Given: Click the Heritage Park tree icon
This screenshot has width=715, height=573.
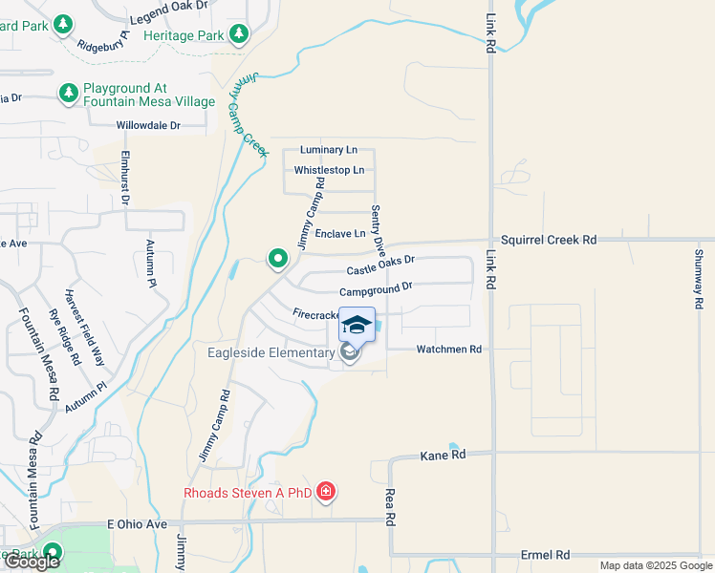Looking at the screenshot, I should coord(239,35).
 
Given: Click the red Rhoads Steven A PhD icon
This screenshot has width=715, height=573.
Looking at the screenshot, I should coord(327,492).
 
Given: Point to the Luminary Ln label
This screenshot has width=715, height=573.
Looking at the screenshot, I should coord(328,150).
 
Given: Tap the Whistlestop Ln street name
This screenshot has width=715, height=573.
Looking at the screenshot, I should coord(329,170).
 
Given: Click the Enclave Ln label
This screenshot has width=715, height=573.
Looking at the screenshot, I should coord(340,233).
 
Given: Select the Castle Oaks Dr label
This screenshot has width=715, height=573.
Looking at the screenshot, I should coord(380,265).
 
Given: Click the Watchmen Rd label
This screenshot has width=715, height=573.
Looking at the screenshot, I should coord(448,350).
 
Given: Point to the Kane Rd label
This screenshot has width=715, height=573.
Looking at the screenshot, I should coord(443,456).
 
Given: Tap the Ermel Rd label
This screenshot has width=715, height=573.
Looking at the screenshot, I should coord(545,555).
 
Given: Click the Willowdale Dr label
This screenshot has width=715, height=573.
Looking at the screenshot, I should coord(148,125).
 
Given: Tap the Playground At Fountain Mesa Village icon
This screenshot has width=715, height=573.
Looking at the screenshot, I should coord(69,93).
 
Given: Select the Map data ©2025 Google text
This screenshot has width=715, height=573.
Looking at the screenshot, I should coord(655,565).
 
